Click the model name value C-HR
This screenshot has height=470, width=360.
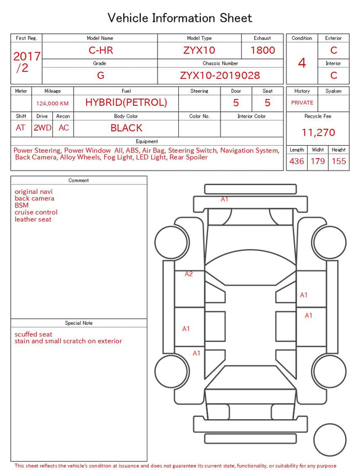[101, 50]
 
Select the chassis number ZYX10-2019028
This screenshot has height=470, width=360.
[220, 75]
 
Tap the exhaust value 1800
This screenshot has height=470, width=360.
[263, 50]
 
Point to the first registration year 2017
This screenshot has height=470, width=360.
[27, 56]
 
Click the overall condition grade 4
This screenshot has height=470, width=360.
[302, 63]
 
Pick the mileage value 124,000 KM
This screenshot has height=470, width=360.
[52, 104]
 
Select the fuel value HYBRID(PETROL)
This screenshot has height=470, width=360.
[126, 102]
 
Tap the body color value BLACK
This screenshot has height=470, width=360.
[127, 128]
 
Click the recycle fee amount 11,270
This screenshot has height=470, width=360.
[318, 132]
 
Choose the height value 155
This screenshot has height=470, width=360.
[339, 161]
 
